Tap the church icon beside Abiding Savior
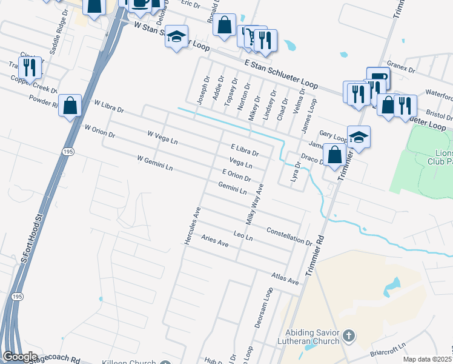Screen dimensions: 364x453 (348, 335)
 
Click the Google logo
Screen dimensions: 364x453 (20, 357)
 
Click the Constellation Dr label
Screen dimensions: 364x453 (289, 235)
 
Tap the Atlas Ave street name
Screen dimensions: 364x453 (285, 278)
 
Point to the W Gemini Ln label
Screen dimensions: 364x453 (155, 163)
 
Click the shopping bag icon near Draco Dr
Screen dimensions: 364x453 (334, 154)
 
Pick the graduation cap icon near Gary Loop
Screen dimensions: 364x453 (359, 136)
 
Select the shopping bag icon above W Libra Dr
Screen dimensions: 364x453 (71, 106)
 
